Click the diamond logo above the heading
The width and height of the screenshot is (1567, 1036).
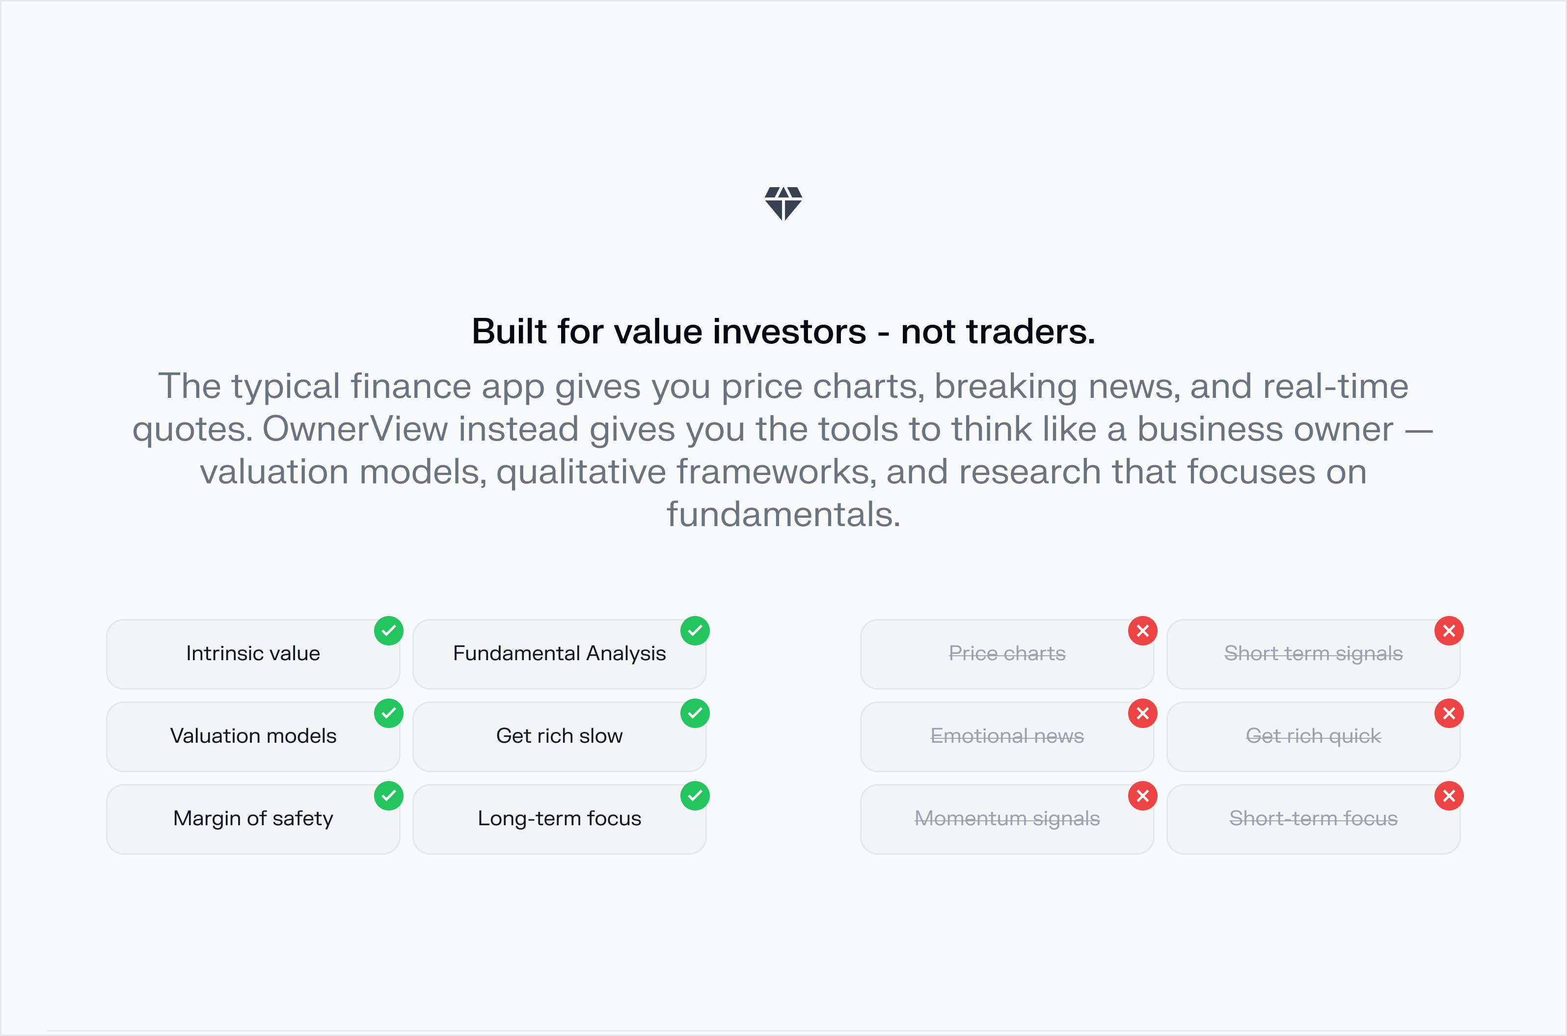coord(783,203)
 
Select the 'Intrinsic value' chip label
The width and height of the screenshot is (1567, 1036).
coord(253,653)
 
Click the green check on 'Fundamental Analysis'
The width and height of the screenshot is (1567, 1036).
coord(695,631)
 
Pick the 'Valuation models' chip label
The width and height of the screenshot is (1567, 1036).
coord(253,736)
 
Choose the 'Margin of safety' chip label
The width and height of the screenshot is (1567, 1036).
coord(253,818)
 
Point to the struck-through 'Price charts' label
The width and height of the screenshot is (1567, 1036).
coord(1006,653)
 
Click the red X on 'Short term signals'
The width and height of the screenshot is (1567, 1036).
coord(1449,631)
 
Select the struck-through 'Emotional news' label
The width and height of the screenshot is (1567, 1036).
coord(1006,736)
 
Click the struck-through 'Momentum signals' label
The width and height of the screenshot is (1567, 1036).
coord(1006,818)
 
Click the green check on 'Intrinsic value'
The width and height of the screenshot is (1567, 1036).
coord(388,631)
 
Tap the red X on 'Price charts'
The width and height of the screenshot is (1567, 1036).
coord(1142,631)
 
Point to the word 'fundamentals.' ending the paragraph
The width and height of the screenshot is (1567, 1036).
coord(783,515)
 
